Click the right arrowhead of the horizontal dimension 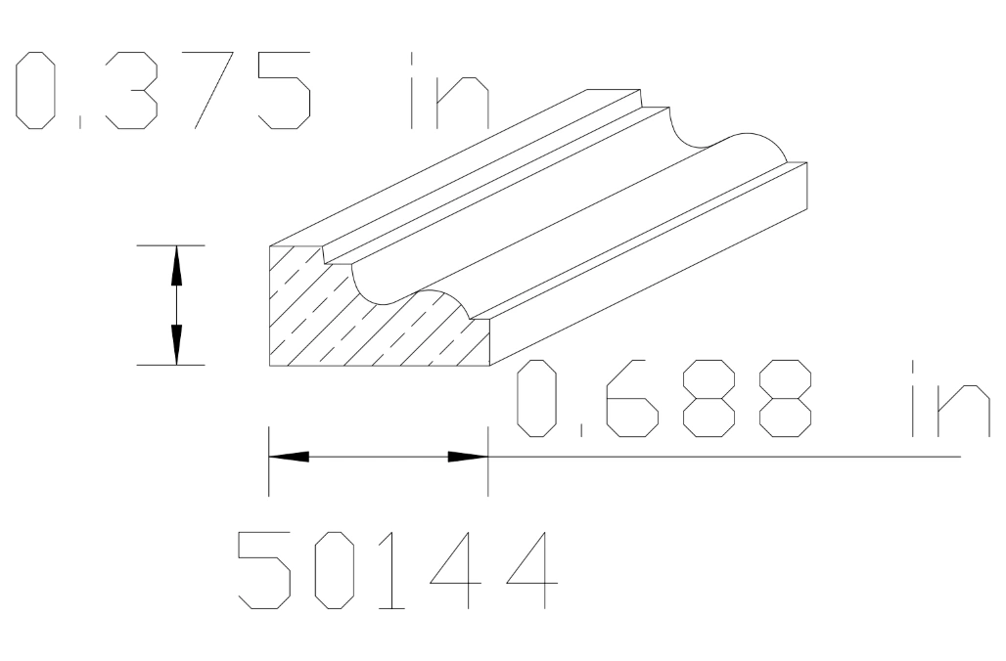pyautogui.click(x=468, y=457)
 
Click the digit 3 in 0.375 pyautogui.click(x=130, y=94)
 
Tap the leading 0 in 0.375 pyautogui.click(x=37, y=94)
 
